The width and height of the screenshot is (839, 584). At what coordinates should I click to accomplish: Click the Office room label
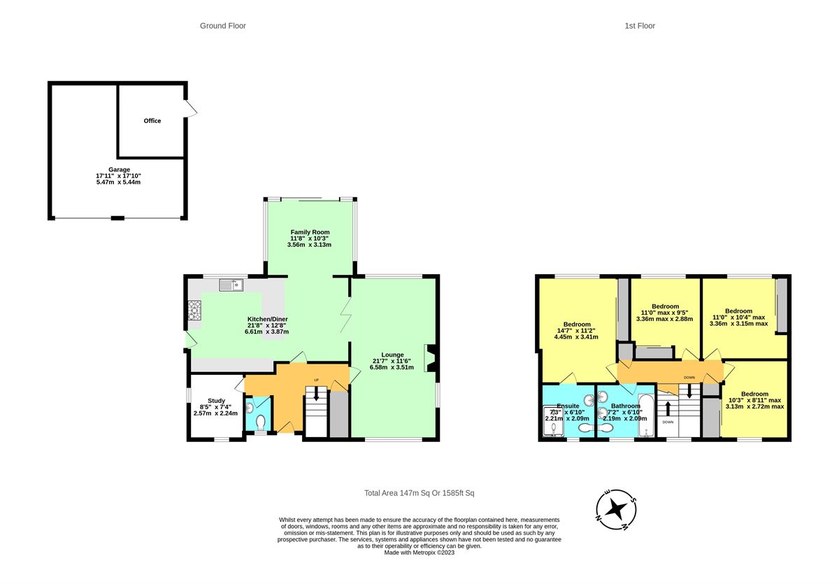tap(152, 120)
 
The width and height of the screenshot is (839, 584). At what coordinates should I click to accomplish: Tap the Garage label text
tap(119, 169)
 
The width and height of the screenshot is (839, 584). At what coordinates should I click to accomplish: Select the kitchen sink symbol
tap(231, 285)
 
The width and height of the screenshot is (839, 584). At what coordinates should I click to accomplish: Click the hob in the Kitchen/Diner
tap(194, 310)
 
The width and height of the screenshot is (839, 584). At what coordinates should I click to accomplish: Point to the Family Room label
tap(310, 232)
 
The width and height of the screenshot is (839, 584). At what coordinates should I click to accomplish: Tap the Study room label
tap(217, 401)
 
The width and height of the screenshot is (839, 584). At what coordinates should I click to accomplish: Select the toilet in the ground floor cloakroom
tap(261, 423)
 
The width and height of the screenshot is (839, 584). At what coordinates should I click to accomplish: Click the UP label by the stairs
tap(316, 380)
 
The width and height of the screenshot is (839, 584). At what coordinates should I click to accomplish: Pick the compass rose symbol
tap(616, 509)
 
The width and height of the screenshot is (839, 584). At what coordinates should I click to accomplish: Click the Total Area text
tap(419, 493)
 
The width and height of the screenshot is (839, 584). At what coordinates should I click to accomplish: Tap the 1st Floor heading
tap(640, 26)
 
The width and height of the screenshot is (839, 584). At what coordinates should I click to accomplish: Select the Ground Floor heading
tap(223, 26)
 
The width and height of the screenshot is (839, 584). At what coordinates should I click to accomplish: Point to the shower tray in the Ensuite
tap(553, 421)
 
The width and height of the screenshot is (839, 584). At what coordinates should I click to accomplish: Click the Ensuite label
tap(568, 406)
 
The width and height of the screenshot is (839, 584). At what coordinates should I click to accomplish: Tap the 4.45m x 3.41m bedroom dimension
tap(576, 337)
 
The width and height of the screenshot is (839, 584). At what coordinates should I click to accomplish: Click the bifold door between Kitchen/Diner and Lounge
tap(346, 315)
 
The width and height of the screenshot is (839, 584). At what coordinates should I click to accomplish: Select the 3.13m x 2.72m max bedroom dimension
tap(754, 406)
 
